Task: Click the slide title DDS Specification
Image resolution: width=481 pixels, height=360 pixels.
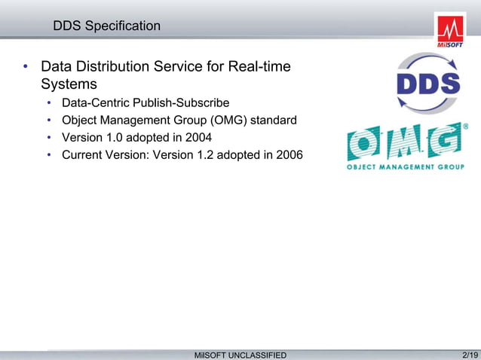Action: click(106, 26)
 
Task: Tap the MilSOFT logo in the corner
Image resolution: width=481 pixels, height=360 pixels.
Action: click(450, 31)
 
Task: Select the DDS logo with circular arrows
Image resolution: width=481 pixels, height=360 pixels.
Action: click(428, 84)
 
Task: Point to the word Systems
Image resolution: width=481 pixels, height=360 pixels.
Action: click(69, 84)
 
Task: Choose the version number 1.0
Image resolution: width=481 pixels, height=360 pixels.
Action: click(115, 138)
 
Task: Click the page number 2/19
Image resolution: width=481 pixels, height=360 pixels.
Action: click(469, 354)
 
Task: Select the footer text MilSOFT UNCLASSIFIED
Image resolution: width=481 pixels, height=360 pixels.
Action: click(240, 355)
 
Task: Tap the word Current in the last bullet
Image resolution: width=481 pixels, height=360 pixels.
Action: click(84, 155)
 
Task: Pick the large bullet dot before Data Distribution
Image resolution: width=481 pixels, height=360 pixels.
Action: click(25, 69)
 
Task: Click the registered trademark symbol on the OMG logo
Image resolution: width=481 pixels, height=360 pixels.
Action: click(464, 127)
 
